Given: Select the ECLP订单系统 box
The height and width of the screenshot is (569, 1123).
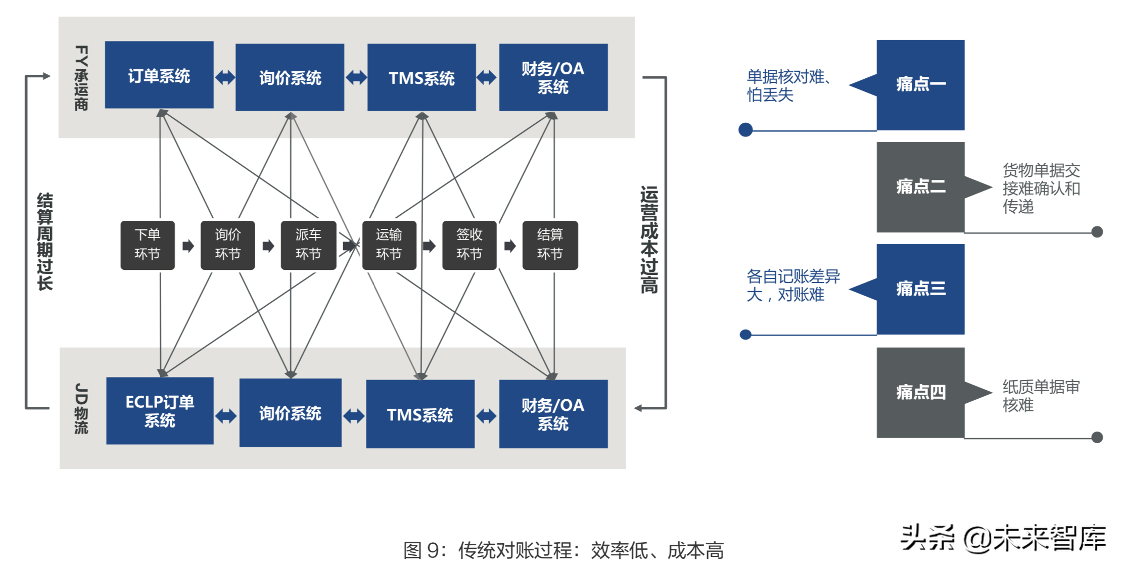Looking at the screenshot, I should (160, 410).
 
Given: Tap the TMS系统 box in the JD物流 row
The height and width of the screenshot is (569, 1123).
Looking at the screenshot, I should (420, 414).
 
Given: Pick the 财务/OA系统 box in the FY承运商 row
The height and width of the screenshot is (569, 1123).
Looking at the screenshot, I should (553, 77).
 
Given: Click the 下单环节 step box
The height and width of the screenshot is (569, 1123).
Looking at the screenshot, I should (147, 245).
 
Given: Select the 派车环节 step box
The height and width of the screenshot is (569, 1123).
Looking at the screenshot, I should (308, 245).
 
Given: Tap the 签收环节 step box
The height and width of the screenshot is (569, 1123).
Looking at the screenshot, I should (469, 245).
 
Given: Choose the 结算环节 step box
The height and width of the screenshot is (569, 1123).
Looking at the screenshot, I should (550, 245).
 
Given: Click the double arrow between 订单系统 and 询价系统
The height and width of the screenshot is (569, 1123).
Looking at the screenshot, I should (225, 77).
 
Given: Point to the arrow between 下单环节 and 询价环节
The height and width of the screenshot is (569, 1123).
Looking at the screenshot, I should (188, 246).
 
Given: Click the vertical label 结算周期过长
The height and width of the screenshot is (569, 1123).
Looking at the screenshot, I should (44, 241).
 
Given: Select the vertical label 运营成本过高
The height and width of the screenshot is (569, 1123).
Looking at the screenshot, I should (649, 240).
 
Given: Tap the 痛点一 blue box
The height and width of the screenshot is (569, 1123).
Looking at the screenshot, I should (920, 85).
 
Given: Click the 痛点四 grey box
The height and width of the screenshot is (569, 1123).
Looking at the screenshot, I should (920, 392).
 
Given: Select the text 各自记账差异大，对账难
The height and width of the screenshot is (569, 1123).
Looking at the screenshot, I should (792, 285).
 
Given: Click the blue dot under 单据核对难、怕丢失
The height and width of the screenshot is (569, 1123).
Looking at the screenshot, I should (745, 130).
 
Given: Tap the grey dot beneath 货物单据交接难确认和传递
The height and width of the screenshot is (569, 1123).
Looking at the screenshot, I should (1097, 232).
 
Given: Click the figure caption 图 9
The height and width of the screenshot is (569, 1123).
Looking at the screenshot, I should (563, 550).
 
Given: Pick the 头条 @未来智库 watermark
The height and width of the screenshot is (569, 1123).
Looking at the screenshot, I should (1003, 538).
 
